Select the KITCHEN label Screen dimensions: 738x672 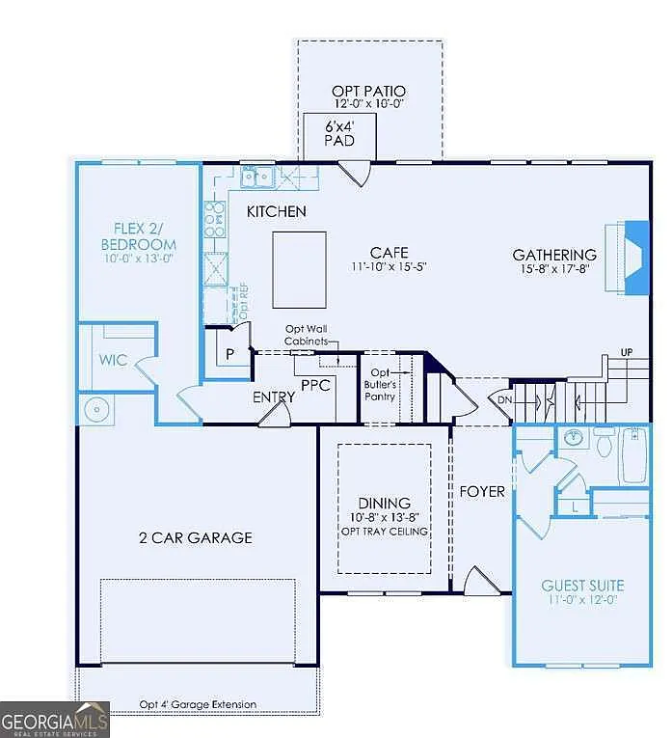click(276, 211)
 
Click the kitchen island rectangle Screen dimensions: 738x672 click(299, 269)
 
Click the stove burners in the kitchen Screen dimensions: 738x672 click(214, 220)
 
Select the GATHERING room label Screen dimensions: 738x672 click(554, 255)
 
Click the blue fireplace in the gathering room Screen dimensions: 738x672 click(636, 256)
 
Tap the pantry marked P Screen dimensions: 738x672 click(229, 353)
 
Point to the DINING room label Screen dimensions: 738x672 click(384, 503)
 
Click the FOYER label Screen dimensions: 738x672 click(481, 491)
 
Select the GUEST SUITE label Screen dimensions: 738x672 click(581, 585)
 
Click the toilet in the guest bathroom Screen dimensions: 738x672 click(605, 444)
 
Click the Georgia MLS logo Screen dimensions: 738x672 click(55, 720)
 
